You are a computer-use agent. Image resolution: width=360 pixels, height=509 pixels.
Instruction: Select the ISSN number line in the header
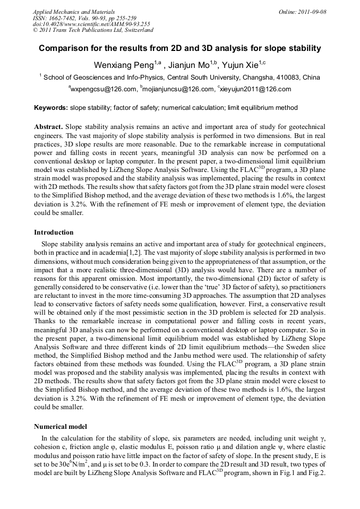tap(84, 18)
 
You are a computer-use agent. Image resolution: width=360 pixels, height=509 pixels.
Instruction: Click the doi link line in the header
tap(91, 24)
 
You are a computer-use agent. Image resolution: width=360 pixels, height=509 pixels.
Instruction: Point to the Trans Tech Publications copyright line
tap(93, 31)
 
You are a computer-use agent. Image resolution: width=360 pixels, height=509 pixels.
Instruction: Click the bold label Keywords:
tap(51, 108)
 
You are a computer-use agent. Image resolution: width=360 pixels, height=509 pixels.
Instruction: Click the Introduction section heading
tap(54, 232)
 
